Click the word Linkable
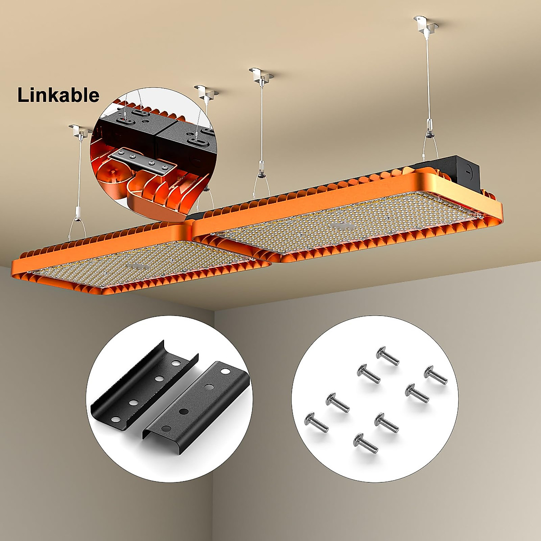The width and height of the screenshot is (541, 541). pos(58,95)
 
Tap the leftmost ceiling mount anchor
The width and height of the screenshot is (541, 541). pos(80,130)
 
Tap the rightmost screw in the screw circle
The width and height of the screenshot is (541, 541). pos(435,374)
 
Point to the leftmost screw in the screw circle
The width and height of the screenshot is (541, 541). pos(316,420)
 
